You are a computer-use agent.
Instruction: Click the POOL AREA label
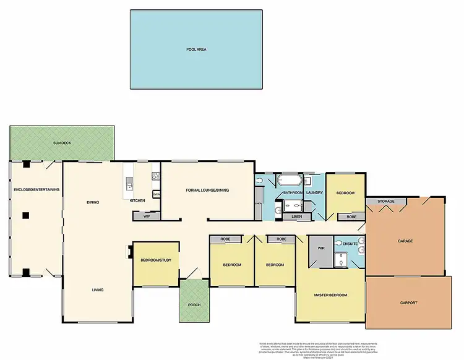click(195, 49)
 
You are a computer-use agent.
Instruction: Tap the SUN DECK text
click(62, 142)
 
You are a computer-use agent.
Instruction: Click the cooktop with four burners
click(156, 176)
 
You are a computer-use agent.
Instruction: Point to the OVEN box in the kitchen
click(157, 194)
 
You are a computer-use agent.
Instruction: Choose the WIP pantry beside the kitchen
click(147, 216)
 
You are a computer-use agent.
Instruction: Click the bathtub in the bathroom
click(290, 181)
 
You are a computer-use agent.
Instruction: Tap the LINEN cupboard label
click(296, 216)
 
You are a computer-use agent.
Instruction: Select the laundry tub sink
click(307, 181)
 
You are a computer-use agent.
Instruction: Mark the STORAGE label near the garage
click(386, 201)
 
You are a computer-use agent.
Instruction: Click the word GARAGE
click(405, 241)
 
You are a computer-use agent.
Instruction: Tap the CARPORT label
click(408, 302)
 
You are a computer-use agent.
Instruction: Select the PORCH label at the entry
click(194, 304)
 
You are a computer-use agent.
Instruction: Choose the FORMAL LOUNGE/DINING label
click(208, 190)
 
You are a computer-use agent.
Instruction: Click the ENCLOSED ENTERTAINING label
click(36, 189)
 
